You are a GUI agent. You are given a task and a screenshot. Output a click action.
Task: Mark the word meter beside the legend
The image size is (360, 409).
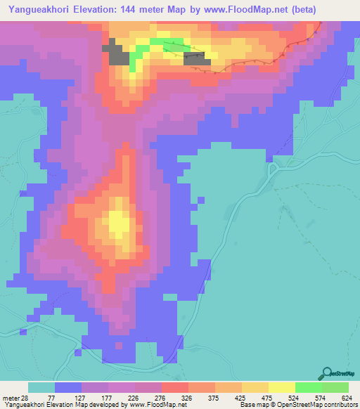13,397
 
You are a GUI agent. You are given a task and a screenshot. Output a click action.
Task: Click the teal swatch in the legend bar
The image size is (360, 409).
41,387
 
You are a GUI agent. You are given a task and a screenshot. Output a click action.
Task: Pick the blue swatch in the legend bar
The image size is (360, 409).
68,387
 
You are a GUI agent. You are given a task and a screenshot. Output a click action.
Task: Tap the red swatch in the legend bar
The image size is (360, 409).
174,387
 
